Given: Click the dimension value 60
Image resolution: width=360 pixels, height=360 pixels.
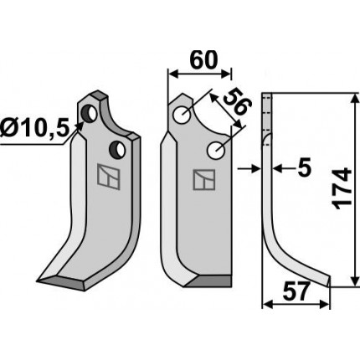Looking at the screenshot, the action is [x=203, y=60].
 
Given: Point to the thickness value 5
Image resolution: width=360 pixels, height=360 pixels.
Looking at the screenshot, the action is [x=304, y=168].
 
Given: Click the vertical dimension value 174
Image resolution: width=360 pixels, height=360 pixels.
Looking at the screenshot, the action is [x=342, y=188].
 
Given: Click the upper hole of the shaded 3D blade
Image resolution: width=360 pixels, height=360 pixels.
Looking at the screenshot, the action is [x=89, y=114].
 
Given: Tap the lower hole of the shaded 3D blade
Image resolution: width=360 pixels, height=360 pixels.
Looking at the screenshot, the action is [x=117, y=149].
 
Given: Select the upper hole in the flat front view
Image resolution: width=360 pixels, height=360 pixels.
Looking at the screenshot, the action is [x=182, y=116].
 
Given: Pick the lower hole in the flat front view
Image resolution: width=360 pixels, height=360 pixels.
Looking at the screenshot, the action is [x=216, y=151].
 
